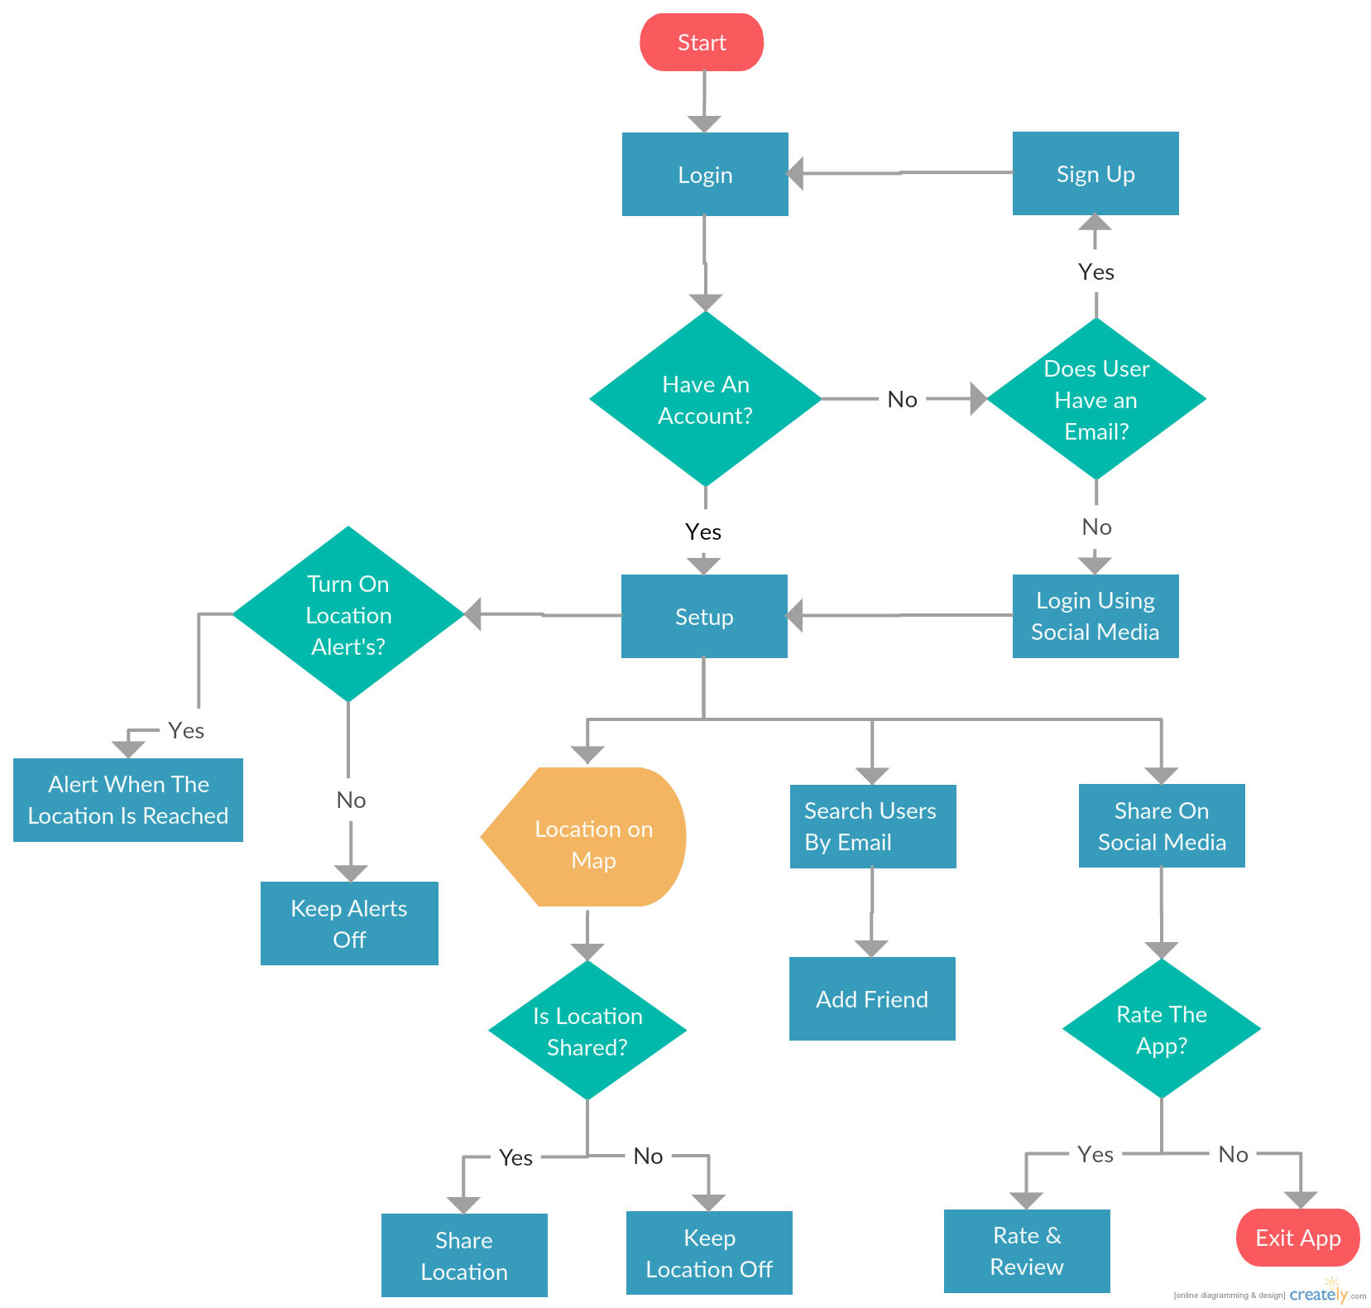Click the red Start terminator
coord(702,42)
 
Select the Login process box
coord(705,174)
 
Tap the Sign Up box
coord(1095,173)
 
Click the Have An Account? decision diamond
coord(705,399)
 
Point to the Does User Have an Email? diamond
coord(1096,399)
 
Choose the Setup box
coord(704,616)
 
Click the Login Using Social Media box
coord(1095,616)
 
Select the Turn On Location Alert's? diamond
coord(348,614)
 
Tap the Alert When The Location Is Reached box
coord(128,800)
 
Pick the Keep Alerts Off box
coord(349,923)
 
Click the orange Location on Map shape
coord(583,837)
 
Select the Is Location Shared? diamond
coord(587,1031)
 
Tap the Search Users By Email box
coord(873,826)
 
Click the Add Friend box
coord(872,998)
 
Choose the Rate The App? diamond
coord(1162,1029)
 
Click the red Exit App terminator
coord(1298,1238)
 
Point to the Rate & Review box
coord(1027,1251)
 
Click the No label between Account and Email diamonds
coord(902,400)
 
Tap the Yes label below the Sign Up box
coord(1096,272)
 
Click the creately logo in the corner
coord(1321,1293)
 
